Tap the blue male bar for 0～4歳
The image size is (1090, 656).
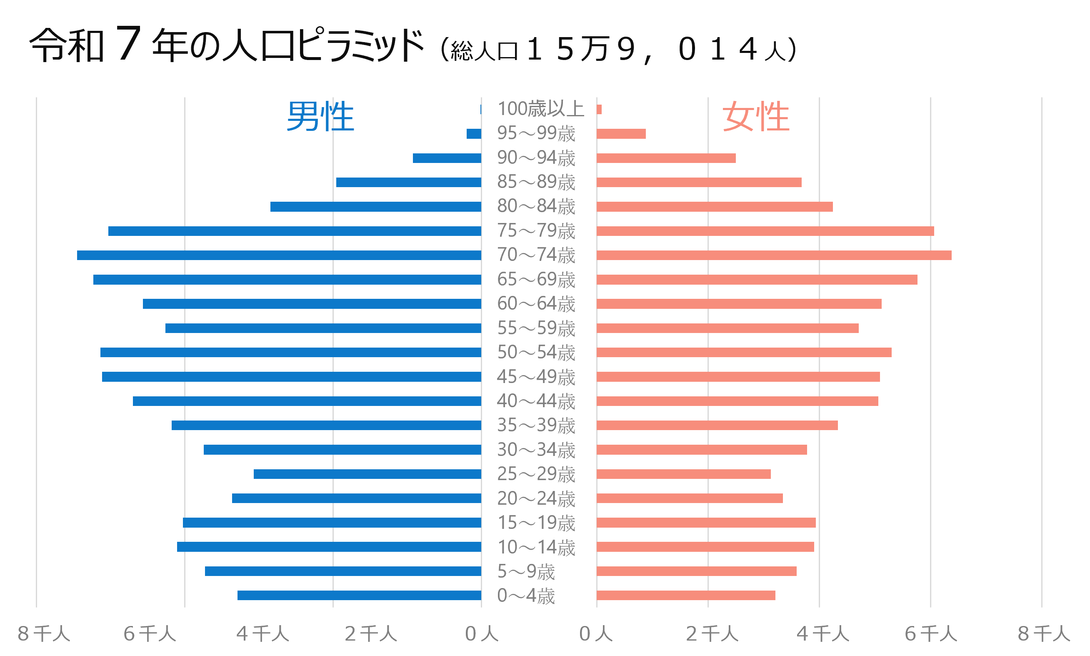coord(359,596)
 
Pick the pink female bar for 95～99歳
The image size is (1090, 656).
coord(621,134)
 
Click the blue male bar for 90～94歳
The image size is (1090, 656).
coord(447,158)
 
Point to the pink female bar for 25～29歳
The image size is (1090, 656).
coord(683,474)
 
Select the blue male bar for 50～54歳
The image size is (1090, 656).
coord(290,352)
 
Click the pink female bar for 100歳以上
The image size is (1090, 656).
coord(599,109)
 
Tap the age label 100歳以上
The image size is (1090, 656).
coord(540,109)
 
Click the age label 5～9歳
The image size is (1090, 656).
coord(526,571)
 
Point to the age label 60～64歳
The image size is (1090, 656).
coord(536,304)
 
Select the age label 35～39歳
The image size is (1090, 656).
coord(536,425)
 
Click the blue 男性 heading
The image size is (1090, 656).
coord(320,116)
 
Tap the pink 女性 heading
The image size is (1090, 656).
coord(755,116)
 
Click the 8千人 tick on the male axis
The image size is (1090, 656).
coord(43,634)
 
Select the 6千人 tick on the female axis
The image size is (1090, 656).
coord(930,634)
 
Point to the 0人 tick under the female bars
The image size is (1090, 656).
coord(595,634)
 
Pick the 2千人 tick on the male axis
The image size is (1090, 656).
coord(370,634)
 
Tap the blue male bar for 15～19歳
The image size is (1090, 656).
coord(332,523)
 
